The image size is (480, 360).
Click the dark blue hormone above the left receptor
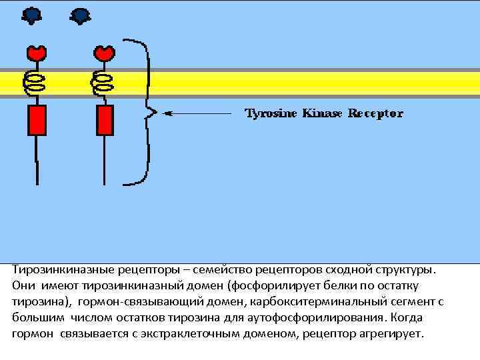[x=31, y=15]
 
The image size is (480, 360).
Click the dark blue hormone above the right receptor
[x=80, y=15]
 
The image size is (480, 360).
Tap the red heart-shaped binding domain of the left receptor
[x=36, y=52]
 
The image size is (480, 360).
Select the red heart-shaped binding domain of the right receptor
[x=104, y=52]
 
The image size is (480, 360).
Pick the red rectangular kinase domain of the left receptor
[x=37, y=120]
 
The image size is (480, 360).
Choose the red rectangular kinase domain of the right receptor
[x=105, y=120]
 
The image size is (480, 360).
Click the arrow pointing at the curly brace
[x=200, y=113]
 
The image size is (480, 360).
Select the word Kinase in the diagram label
[x=323, y=113]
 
